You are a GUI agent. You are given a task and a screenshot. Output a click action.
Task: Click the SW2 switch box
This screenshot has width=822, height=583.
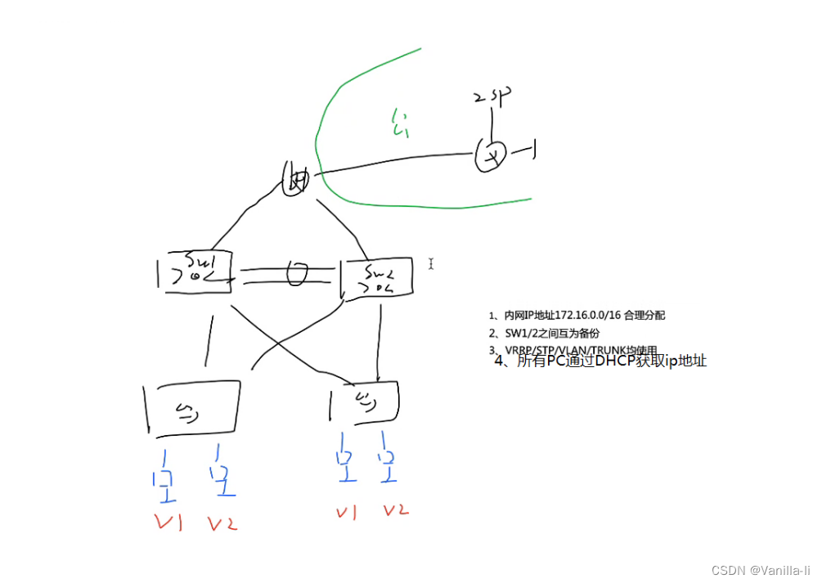click(x=375, y=278)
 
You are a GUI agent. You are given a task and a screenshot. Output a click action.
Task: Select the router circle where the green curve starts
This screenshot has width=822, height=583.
click(x=295, y=179)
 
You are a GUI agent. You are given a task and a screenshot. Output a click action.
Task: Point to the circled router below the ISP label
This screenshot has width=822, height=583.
click(x=491, y=155)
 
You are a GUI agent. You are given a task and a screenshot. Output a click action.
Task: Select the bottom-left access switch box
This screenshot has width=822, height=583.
click(x=193, y=406)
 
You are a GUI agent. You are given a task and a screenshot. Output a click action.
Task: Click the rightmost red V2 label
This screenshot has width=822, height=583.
click(x=396, y=511)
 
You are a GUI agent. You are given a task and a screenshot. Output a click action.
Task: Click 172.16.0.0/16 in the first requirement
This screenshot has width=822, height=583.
click(x=586, y=315)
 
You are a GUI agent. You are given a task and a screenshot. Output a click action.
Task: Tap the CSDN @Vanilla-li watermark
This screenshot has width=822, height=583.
click(x=761, y=569)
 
